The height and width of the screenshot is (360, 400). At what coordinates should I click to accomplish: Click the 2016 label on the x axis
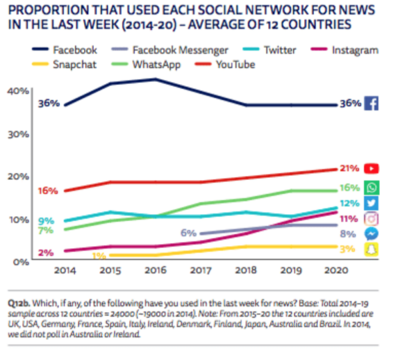155,271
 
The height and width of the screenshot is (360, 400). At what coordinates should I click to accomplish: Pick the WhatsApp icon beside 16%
372,188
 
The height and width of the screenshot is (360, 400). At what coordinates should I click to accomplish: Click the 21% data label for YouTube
349,169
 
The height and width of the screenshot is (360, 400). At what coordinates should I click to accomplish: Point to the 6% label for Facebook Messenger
188,234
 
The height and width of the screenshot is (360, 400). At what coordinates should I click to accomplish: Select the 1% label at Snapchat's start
99,255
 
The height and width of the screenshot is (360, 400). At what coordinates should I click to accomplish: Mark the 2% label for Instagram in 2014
46,253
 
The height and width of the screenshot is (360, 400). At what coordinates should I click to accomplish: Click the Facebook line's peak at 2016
155,79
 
